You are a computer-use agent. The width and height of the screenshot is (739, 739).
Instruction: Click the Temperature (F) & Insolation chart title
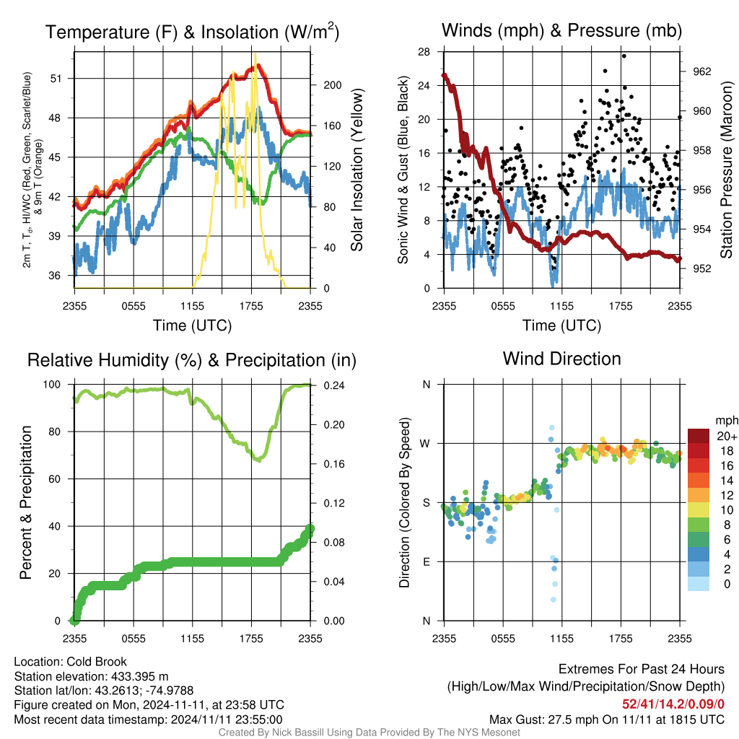(x=192, y=32)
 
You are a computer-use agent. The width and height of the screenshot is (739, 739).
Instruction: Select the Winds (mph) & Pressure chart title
(x=561, y=30)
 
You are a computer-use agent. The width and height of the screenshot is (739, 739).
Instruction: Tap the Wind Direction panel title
(x=561, y=359)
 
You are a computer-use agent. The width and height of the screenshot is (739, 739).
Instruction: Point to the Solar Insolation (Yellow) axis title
(x=357, y=170)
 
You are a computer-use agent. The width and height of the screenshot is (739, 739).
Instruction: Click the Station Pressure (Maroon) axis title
(x=726, y=170)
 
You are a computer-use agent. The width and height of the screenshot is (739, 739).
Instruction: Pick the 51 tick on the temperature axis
(x=56, y=79)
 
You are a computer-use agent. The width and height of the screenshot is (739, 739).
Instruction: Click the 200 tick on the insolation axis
(x=332, y=85)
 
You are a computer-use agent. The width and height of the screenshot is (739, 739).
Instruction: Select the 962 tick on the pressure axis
(x=701, y=71)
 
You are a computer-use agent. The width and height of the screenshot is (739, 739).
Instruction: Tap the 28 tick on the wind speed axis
(x=424, y=52)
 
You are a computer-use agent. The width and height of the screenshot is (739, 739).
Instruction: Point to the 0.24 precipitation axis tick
(x=333, y=385)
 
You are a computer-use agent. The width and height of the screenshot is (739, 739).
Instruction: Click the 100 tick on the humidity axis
(x=52, y=385)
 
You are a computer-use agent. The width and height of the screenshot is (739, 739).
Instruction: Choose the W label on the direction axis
(x=425, y=444)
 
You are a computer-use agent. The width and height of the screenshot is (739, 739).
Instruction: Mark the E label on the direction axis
(x=427, y=561)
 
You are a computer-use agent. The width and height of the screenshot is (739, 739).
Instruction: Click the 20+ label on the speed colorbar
(x=726, y=437)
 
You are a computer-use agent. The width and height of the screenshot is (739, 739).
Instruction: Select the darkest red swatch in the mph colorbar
(x=699, y=436)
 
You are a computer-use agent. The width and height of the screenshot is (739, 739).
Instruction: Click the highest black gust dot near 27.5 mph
(x=624, y=56)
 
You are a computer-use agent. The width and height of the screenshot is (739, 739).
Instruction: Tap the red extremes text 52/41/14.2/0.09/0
(x=673, y=704)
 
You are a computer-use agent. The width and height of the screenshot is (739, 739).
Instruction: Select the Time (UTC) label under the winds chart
(x=561, y=325)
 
